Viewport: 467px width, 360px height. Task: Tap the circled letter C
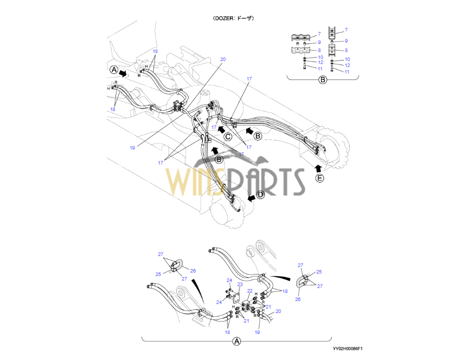point(227,136)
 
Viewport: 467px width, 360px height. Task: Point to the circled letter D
point(260,194)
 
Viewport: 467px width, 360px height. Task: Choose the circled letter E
point(320,177)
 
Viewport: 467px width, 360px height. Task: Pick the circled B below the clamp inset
point(322,79)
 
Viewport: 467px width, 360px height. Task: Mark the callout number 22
point(250,291)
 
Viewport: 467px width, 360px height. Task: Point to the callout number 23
point(239,284)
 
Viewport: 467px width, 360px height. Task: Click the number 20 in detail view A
point(278,311)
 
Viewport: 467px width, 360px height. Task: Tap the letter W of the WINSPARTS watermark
point(182,182)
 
